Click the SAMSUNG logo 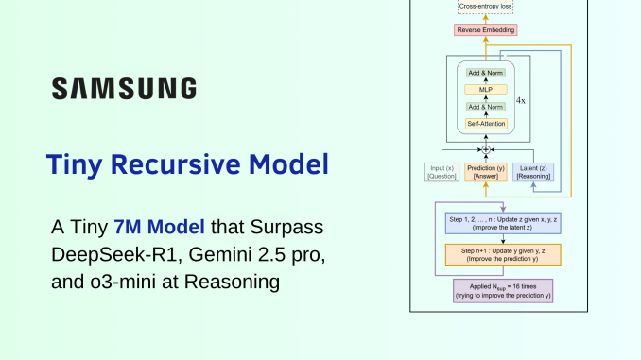click(124, 88)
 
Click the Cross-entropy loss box click(488, 8)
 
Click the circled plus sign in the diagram click(487, 150)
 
